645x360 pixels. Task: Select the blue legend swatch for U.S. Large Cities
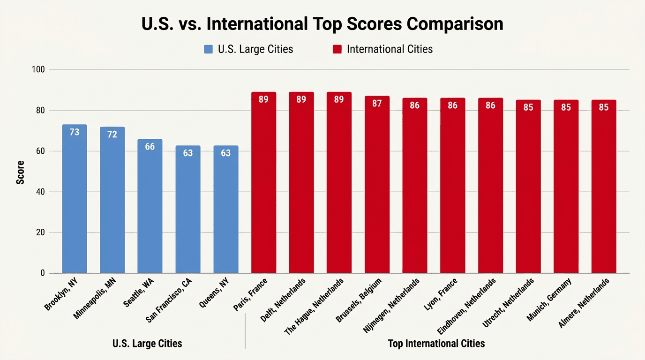point(209,49)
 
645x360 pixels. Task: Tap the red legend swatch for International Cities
point(337,49)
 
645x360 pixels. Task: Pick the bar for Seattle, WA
point(150,206)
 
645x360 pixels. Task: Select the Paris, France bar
point(263,183)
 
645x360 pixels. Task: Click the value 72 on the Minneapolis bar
point(112,135)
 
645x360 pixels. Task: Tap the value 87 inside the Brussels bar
point(377,104)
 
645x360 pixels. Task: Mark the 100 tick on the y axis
point(38,70)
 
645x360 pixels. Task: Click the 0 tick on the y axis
point(42,273)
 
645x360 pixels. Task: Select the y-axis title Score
point(21,172)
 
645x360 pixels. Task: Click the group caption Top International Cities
point(436,344)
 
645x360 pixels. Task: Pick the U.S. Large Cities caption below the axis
point(147,344)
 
